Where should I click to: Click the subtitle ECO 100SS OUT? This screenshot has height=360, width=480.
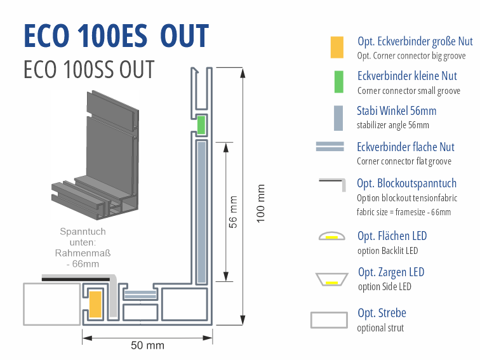click(x=88, y=69)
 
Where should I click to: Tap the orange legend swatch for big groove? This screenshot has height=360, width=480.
click(x=337, y=48)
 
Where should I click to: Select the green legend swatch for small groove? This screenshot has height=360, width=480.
click(x=337, y=82)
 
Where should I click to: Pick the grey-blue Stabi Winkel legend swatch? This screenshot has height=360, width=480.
click(x=337, y=117)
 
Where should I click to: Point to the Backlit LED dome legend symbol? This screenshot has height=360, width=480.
click(x=331, y=237)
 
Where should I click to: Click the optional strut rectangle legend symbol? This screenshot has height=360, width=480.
click(x=329, y=319)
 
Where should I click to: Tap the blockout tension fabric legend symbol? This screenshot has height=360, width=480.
click(x=331, y=184)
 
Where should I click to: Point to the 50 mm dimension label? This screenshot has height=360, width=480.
click(x=147, y=345)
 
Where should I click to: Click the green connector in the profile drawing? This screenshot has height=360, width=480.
click(x=201, y=125)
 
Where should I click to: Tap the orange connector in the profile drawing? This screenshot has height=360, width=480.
click(x=95, y=304)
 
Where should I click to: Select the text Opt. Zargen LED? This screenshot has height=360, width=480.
click(x=390, y=272)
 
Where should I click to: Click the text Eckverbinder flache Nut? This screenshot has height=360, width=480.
click(x=406, y=147)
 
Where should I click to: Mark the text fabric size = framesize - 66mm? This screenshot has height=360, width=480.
click(x=404, y=212)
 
